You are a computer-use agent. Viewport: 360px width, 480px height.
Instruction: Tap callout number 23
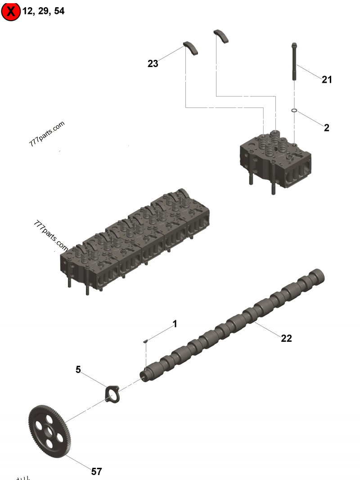pos(153,64)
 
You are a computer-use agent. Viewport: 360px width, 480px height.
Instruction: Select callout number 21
pos(327,80)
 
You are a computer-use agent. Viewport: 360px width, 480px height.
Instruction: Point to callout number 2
pos(327,128)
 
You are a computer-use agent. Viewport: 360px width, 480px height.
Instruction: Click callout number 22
pos(287,338)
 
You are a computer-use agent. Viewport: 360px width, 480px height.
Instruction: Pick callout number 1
pos(175,324)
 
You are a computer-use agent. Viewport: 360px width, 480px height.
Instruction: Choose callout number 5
pos(78,370)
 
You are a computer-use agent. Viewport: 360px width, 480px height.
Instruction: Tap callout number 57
pos(96,471)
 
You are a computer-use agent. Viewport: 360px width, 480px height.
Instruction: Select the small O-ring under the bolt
pos(294,110)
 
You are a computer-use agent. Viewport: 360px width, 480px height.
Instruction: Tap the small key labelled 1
pos(145,341)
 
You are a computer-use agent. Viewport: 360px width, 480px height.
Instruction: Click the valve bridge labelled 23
pos(191,48)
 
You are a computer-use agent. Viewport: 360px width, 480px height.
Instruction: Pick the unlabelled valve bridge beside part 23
pos(221,36)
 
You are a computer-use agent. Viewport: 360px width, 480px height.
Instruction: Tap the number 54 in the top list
pos(59,12)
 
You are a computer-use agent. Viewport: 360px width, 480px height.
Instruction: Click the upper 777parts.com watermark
pos(47,134)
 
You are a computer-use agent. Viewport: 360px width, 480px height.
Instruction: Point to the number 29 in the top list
pos(43,12)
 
